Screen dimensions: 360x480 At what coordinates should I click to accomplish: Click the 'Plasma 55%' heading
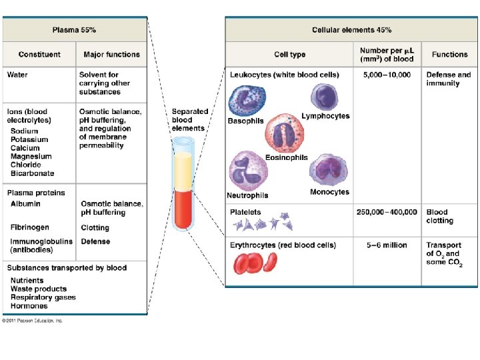coord(75,30)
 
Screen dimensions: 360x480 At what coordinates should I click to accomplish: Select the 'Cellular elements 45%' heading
coord(351,30)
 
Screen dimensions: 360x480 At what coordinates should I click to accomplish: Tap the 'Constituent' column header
coord(39,55)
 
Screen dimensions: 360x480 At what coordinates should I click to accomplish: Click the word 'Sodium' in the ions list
coord(25,131)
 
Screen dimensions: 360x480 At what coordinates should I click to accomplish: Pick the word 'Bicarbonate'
coord(33,173)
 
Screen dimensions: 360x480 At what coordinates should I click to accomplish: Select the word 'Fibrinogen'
coord(29,227)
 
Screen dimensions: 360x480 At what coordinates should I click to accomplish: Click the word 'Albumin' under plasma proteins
coord(25,204)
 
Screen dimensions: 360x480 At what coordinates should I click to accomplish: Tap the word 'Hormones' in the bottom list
coord(29,306)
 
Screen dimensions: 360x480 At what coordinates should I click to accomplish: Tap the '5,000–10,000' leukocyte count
coord(387,75)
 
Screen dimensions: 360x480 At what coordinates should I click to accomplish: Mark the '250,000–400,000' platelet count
coord(387,213)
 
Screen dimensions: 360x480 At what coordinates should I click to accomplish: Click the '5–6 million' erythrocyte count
coord(387,245)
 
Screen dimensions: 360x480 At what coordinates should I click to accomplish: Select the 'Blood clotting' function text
coord(440,217)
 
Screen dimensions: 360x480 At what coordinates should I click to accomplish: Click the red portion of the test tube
coord(183,208)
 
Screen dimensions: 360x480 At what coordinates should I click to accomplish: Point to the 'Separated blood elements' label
coord(190,119)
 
